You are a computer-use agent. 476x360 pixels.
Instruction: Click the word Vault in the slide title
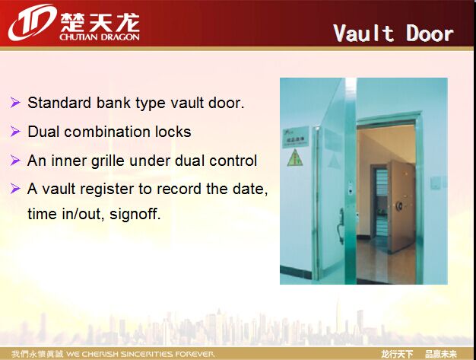pos(364,33)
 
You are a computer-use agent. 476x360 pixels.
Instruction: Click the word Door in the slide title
pos(430,33)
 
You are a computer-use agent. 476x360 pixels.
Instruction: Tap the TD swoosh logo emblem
pos(32,23)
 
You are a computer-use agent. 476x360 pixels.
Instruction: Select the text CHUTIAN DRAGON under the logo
pos(100,37)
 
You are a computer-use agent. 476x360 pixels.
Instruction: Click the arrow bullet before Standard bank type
pos(15,103)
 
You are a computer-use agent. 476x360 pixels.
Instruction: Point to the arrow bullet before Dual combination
pos(15,131)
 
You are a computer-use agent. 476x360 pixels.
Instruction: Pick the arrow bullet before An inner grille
pos(15,160)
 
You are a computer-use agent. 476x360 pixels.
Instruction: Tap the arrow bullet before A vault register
pos(15,188)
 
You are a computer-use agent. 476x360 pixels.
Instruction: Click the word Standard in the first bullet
pos(59,103)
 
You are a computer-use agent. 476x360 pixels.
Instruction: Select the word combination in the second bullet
pos(107,132)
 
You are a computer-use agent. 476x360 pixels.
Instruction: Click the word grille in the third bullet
pos(108,161)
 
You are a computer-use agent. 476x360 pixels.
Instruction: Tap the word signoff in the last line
pos(135,214)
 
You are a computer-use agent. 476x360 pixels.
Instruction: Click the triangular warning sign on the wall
pos(295,158)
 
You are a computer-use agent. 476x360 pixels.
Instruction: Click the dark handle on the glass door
pos(341,225)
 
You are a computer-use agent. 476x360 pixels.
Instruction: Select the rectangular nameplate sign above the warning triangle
pos(295,137)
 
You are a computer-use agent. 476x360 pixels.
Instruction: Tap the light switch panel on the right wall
pos(436,183)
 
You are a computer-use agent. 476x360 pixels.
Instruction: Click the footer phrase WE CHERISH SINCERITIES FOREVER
pos(141,354)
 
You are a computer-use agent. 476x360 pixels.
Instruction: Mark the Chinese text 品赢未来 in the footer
pos(441,354)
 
